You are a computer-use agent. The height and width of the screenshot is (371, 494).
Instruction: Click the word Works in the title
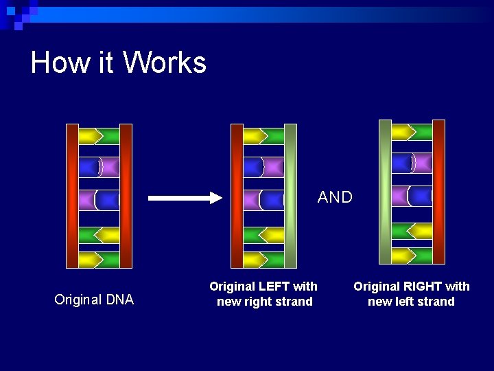165,63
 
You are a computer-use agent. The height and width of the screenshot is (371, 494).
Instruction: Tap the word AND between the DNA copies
335,198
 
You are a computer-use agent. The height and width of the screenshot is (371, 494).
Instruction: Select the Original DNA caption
94,300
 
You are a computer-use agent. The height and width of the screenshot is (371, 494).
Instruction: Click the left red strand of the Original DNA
72,196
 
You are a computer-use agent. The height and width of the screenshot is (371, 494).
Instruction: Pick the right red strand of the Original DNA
126,196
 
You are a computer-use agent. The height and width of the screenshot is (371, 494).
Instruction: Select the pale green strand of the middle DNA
290,196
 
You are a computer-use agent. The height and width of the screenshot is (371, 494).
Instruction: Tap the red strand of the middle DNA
237,196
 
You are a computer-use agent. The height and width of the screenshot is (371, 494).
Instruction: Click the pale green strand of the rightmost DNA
385,192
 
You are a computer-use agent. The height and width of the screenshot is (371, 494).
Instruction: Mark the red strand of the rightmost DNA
438,192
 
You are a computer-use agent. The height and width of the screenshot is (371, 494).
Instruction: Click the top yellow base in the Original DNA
89,135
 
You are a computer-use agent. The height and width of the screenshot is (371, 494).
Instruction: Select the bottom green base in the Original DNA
110,260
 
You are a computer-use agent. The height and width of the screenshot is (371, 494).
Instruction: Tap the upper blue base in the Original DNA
89,167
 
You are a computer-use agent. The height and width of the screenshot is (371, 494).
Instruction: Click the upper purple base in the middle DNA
273,167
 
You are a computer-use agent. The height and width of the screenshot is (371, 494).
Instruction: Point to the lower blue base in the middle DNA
272,200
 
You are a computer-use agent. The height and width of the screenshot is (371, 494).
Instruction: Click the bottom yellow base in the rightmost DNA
402,256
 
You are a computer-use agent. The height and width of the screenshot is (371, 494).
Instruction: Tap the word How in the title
60,63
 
